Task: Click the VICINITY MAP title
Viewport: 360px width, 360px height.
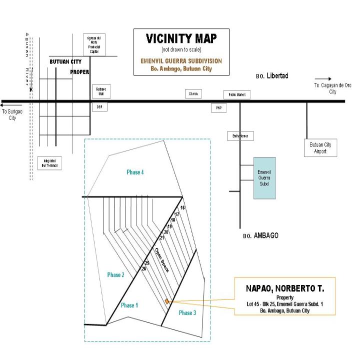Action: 180,39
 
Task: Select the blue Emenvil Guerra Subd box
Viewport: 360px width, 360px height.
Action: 263,177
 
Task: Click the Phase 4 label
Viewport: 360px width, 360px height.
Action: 135,172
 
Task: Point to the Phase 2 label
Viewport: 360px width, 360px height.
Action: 115,274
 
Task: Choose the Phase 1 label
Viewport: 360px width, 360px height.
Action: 128,305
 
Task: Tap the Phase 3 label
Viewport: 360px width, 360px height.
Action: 187,312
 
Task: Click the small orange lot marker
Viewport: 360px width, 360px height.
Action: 166,301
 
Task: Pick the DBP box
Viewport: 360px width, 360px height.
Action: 99,107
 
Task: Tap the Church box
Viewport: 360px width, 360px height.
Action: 193,94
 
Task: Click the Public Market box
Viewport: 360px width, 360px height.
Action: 236,95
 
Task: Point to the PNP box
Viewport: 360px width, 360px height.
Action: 218,108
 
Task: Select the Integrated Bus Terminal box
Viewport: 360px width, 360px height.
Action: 50,163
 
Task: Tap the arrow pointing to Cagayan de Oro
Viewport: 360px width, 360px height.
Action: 323,79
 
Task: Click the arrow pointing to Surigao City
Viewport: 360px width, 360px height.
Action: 7,105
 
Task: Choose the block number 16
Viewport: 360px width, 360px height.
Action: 182,207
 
